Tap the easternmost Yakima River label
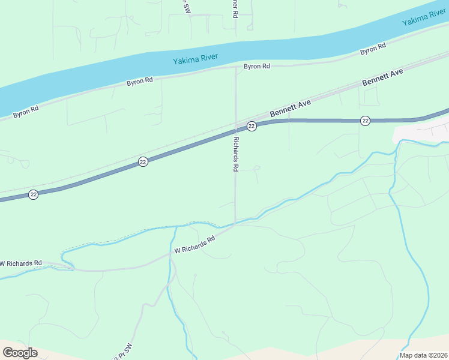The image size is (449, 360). point(425,19)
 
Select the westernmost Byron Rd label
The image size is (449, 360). point(26,110)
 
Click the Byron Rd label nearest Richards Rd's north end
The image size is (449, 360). point(256,67)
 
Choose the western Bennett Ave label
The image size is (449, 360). point(290,109)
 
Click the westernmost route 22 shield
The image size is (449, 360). point(34,194)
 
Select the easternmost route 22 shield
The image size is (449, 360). point(365,121)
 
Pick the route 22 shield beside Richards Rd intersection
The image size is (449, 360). point(252,126)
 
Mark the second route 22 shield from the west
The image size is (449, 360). point(143,162)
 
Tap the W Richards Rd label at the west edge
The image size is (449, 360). point(22,263)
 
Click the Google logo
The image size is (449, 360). point(20,353)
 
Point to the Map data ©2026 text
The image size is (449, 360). point(424,355)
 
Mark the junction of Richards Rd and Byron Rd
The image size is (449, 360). point(235,68)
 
